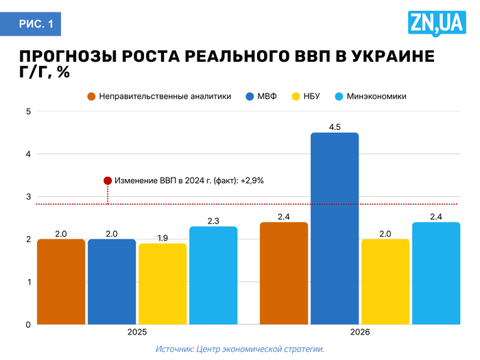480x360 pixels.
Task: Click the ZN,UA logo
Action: click(436, 24)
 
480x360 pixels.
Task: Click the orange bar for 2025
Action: click(61, 281)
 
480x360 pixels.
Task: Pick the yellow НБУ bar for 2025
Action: click(163, 283)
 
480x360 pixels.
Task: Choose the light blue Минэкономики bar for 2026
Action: click(436, 273)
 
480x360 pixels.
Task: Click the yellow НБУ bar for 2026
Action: click(385, 281)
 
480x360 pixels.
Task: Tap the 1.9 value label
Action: click(163, 238)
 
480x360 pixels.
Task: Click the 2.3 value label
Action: click(213, 221)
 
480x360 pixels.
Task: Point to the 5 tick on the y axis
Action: click(28, 112)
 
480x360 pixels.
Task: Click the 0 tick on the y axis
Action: click(28, 324)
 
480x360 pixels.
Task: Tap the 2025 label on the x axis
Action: click(137, 333)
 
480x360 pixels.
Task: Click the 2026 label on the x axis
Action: click(360, 333)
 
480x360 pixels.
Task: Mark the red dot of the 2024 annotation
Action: click(108, 180)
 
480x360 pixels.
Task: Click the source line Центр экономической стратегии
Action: click(239, 349)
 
